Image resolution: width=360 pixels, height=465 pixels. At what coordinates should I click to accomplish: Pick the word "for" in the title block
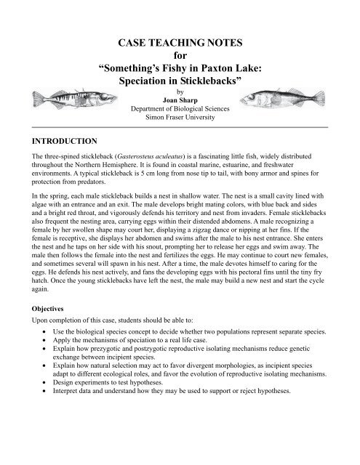(x=179, y=54)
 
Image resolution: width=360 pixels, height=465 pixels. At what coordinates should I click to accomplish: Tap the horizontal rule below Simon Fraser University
(x=179, y=126)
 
